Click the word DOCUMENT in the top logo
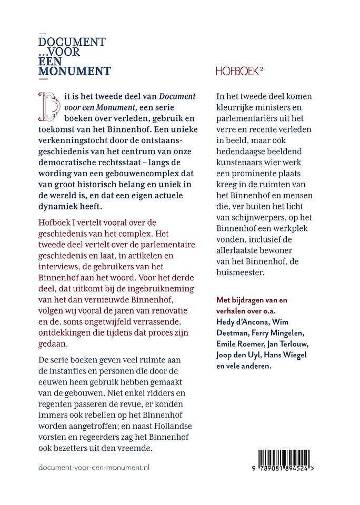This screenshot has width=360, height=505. tap(73, 43)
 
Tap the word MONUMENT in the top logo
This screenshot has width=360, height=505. tap(75, 71)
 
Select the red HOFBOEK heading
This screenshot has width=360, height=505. tap(238, 72)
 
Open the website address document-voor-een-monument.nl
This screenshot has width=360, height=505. tap(95, 467)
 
